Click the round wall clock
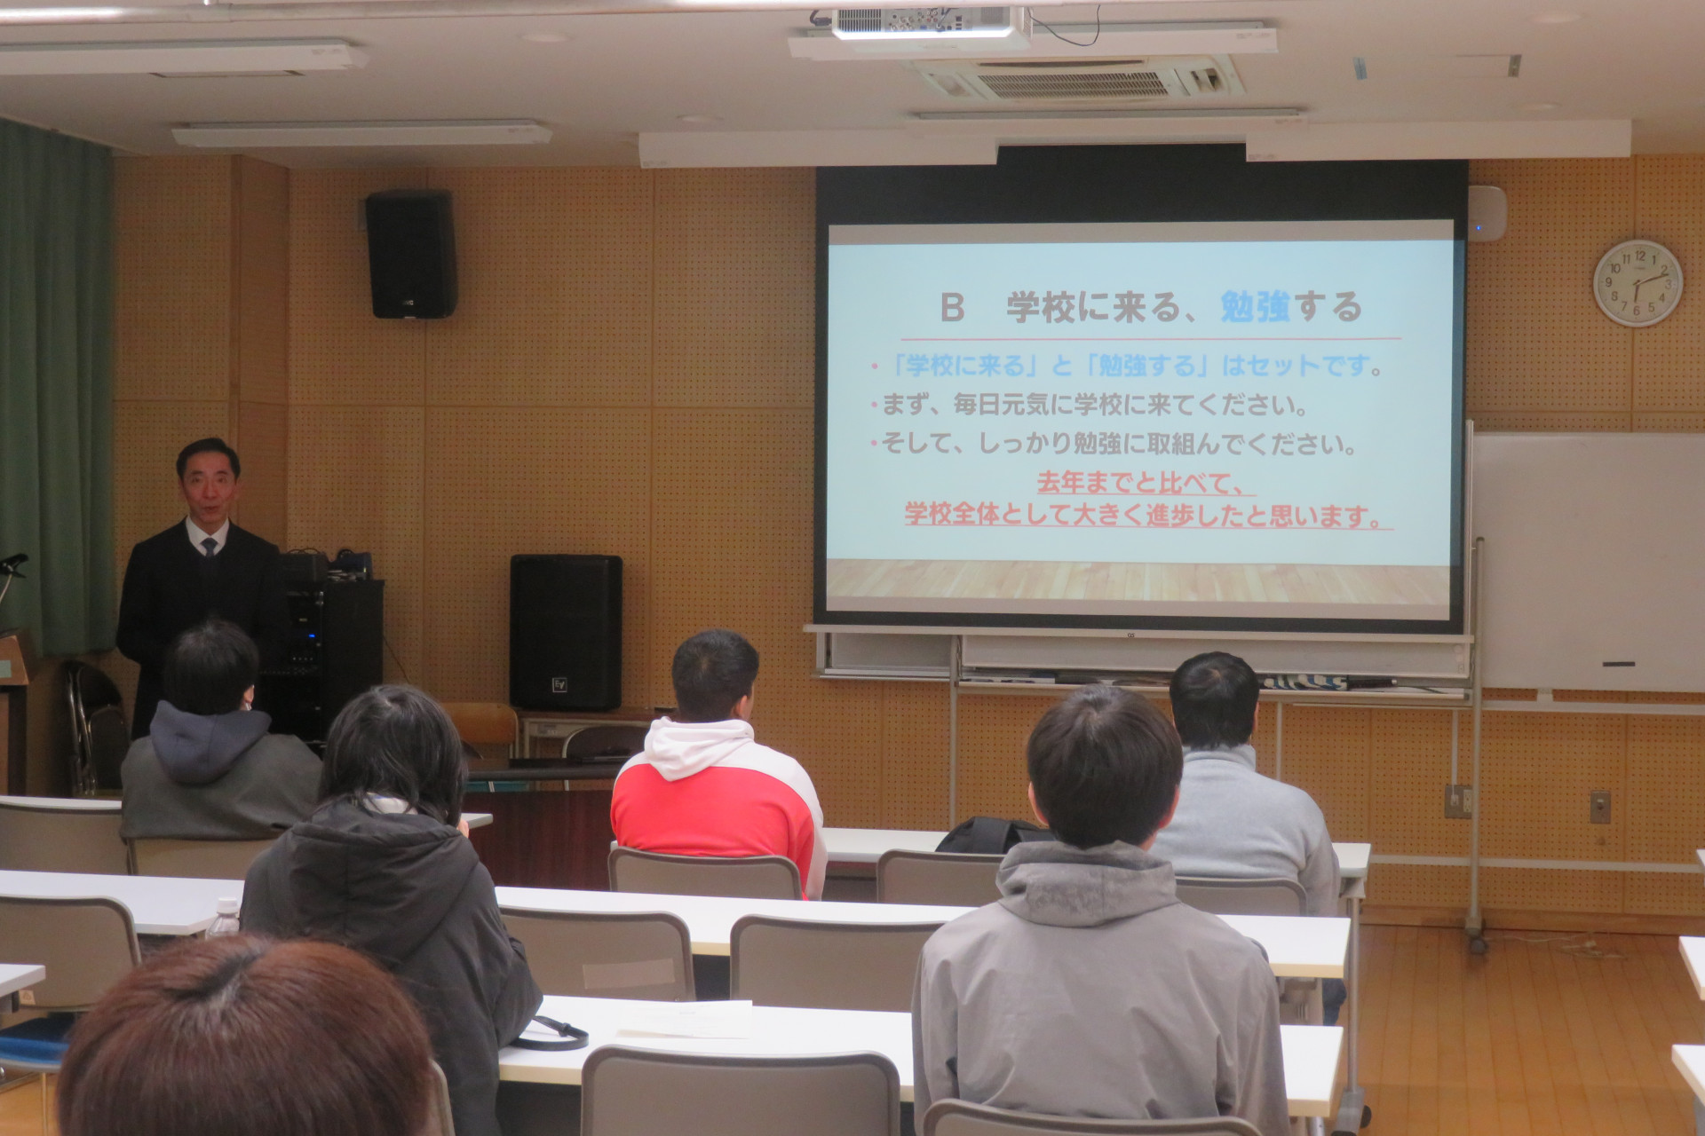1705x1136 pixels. [x=1638, y=283]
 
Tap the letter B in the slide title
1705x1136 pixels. [x=952, y=308]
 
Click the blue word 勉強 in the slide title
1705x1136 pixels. [x=1255, y=306]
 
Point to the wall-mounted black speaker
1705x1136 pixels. [x=411, y=253]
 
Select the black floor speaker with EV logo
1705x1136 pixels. [x=566, y=632]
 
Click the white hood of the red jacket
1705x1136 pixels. [x=696, y=746]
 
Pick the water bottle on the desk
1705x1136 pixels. [x=223, y=919]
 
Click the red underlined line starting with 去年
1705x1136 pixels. [x=1146, y=484]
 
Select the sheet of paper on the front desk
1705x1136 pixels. [x=685, y=1019]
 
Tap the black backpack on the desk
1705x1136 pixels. [x=990, y=835]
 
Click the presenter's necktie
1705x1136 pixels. [x=208, y=547]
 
